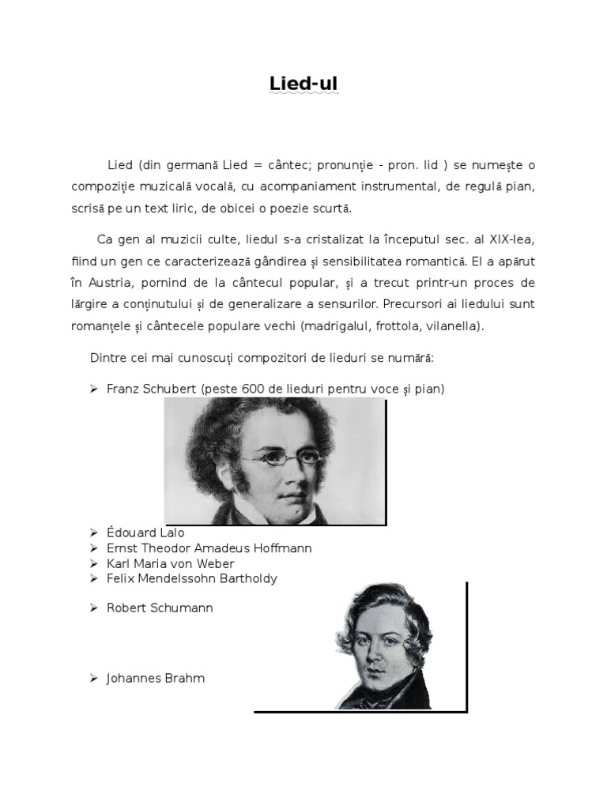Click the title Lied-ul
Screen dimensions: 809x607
pos(303,85)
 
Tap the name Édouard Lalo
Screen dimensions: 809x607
pos(145,533)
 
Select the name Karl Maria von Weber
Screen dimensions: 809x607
pos(171,564)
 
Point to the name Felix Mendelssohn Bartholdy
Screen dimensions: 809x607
pos(192,579)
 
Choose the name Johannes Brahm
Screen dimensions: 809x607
pos(156,679)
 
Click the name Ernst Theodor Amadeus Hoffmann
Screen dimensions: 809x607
pos(209,548)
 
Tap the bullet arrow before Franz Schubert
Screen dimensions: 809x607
pos(93,389)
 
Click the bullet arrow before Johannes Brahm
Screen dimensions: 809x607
pos(93,679)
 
